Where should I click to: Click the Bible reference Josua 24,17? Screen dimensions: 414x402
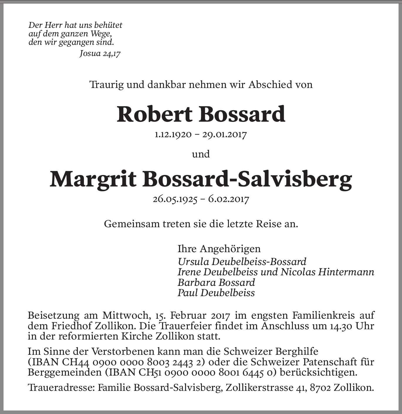[x=100, y=54]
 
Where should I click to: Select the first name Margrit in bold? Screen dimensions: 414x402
[x=93, y=179]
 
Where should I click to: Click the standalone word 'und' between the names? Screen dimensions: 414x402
[x=201, y=154]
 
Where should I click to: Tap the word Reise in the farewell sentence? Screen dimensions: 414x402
[x=268, y=224]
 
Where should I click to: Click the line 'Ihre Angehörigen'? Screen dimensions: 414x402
[x=219, y=249]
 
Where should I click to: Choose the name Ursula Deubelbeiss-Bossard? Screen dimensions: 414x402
[x=242, y=261]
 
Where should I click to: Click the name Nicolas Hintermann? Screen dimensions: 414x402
[x=327, y=272]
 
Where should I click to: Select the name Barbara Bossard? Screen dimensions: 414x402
[x=216, y=282]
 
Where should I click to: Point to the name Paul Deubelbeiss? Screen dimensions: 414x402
[x=216, y=293]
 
